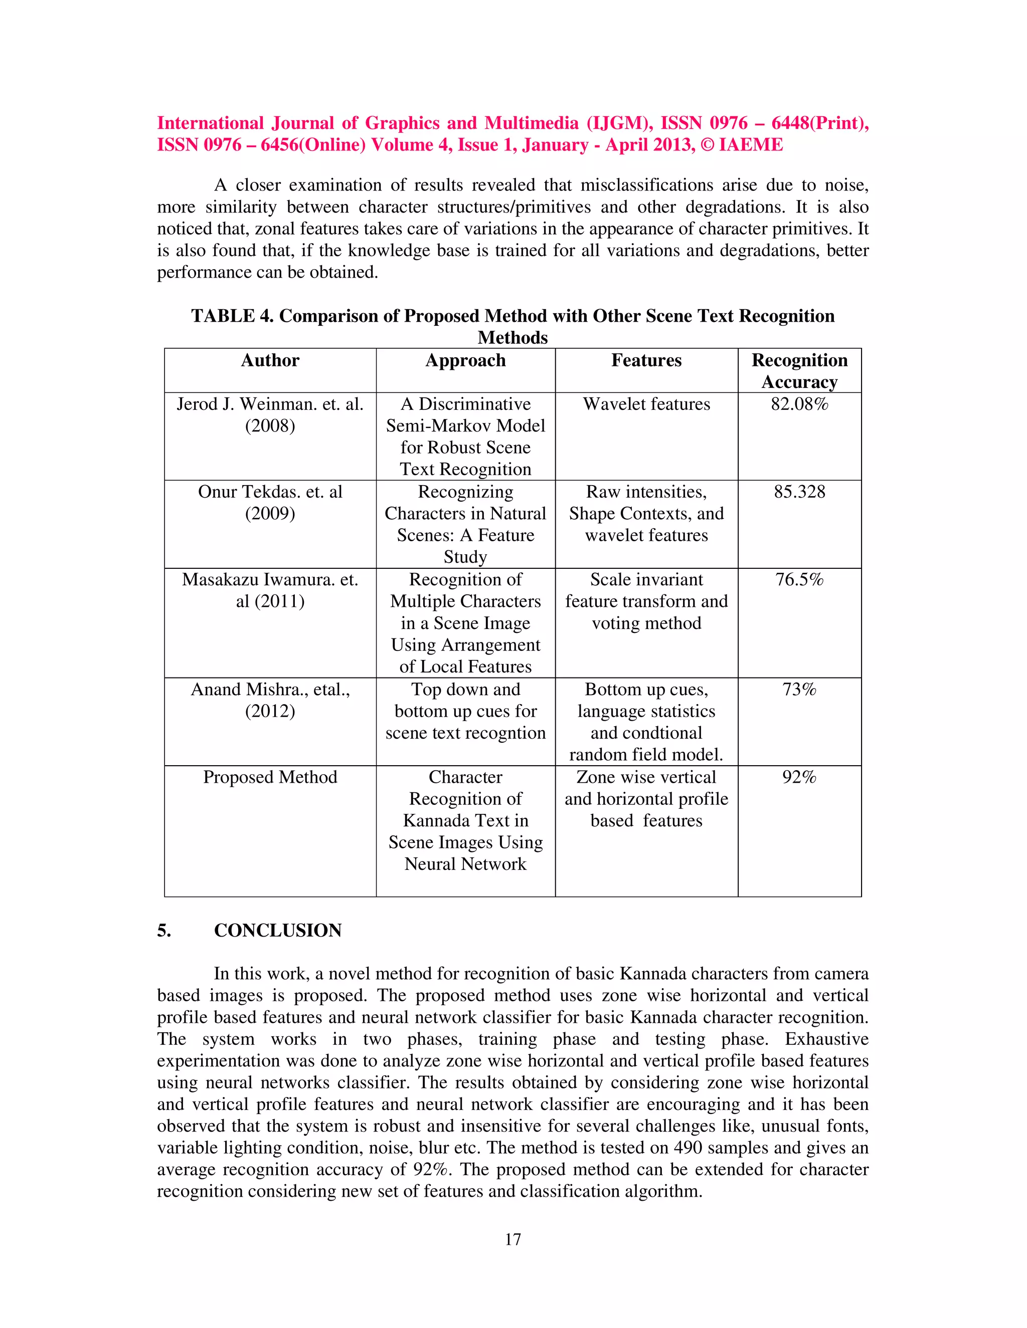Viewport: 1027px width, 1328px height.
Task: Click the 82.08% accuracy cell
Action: coord(799,404)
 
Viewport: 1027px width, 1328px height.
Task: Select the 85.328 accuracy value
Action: coord(799,492)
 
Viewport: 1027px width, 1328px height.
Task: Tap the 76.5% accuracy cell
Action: coord(799,579)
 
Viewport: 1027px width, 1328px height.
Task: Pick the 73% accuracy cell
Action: coord(799,690)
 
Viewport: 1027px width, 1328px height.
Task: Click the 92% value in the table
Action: coord(799,777)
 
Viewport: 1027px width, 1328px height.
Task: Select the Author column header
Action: coord(270,361)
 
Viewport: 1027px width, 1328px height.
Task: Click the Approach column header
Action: coord(465,361)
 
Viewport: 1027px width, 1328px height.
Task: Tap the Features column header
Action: coord(646,361)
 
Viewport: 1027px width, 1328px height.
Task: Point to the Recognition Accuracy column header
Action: coord(799,371)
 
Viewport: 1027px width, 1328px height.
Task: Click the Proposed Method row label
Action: coord(270,777)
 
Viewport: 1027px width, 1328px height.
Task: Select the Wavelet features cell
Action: coord(646,404)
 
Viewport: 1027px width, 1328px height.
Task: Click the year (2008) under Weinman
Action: coord(270,425)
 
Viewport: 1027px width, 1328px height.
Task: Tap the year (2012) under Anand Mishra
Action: coord(270,712)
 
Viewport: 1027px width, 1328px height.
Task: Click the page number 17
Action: coord(513,1239)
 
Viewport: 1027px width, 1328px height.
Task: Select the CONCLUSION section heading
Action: coord(277,930)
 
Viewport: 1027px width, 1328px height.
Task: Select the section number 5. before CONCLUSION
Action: coord(164,930)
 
